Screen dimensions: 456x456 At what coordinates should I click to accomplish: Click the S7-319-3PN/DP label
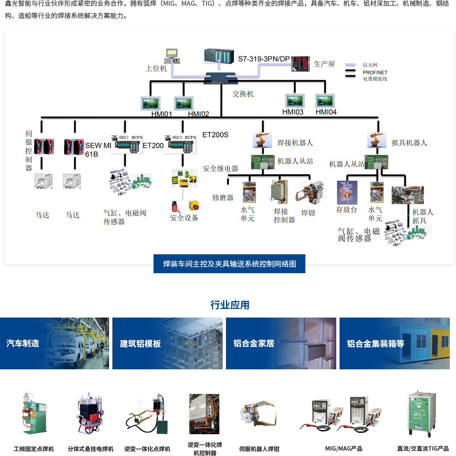tap(264, 59)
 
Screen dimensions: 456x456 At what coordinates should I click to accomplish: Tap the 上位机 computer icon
tap(172, 56)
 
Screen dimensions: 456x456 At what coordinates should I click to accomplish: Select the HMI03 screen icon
tap(295, 101)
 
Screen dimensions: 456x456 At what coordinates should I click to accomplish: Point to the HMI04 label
tap(326, 112)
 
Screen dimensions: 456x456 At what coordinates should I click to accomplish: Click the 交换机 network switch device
tap(221, 78)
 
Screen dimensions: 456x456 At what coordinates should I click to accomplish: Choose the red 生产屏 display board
tap(301, 64)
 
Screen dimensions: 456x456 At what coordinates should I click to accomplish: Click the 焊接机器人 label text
tap(295, 143)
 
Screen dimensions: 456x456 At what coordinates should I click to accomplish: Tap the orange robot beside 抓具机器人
tap(375, 140)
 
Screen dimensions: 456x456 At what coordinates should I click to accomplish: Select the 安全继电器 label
tap(221, 168)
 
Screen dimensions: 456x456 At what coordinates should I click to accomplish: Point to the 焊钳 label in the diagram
tap(308, 213)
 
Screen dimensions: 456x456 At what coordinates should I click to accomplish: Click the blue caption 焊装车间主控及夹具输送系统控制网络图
tap(229, 264)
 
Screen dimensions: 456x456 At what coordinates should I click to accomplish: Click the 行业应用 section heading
tap(230, 305)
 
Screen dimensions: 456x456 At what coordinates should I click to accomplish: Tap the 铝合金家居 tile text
tap(254, 343)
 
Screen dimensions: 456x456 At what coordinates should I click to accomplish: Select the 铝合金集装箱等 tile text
tap(375, 343)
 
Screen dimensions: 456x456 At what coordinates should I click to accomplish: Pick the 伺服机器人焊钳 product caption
tap(259, 449)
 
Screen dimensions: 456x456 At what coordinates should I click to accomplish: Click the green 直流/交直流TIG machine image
tap(421, 413)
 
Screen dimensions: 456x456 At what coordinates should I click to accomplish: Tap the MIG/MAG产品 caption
tap(344, 449)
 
